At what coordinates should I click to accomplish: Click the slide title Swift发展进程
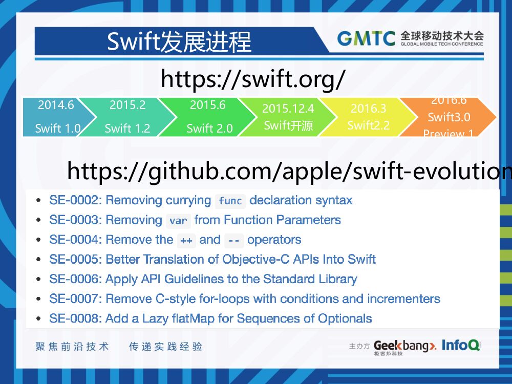pos(179,41)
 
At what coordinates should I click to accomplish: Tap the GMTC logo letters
pos(366,38)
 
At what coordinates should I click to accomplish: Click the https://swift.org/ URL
pos(253,79)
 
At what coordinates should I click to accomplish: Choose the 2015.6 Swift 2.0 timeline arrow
pos(208,117)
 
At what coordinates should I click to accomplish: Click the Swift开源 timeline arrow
pos(288,117)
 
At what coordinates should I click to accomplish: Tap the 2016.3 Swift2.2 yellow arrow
pos(368,117)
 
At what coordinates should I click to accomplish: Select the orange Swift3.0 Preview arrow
pos(449,117)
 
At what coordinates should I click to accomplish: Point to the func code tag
pos(230,201)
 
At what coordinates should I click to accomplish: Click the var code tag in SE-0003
pos(178,221)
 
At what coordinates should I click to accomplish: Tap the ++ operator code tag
pos(186,240)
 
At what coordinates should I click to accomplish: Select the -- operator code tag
pos(233,240)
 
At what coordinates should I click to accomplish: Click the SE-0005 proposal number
pos(75,259)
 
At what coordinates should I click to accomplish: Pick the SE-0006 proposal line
pos(203,279)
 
